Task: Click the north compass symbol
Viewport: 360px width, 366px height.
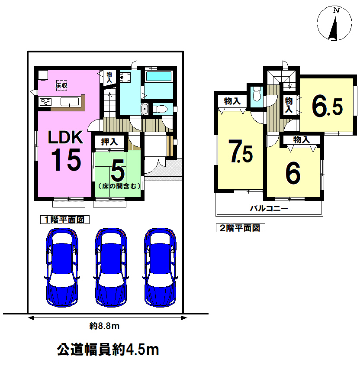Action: pos(334,23)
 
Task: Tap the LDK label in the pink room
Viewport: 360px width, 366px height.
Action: pos(65,137)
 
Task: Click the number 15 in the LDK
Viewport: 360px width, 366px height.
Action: pos(66,160)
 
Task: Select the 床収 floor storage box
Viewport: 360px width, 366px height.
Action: pos(61,85)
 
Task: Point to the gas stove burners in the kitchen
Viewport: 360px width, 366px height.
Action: pos(45,102)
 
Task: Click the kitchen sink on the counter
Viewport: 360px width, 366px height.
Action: pos(70,102)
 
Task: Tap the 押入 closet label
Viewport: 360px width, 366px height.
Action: pos(109,142)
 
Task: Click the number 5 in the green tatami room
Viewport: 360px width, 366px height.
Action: pos(118,171)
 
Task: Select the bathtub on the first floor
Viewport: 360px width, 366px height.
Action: pos(158,76)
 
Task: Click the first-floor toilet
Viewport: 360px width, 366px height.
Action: pos(160,109)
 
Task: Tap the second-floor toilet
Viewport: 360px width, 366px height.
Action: pos(257,94)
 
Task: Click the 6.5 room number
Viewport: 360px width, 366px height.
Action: pos(327,107)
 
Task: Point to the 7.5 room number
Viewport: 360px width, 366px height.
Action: pos(241,151)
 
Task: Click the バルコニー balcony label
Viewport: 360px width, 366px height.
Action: pos(269,208)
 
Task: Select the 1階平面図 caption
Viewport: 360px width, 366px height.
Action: pos(64,220)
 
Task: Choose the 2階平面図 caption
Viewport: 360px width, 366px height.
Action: pos(241,228)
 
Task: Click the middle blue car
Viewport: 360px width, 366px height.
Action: pos(111,268)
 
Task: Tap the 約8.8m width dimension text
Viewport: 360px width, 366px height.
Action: pos(104,326)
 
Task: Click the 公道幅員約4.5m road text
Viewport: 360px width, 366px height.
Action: pos(108,350)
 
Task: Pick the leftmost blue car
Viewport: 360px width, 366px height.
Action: pos(62,268)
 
